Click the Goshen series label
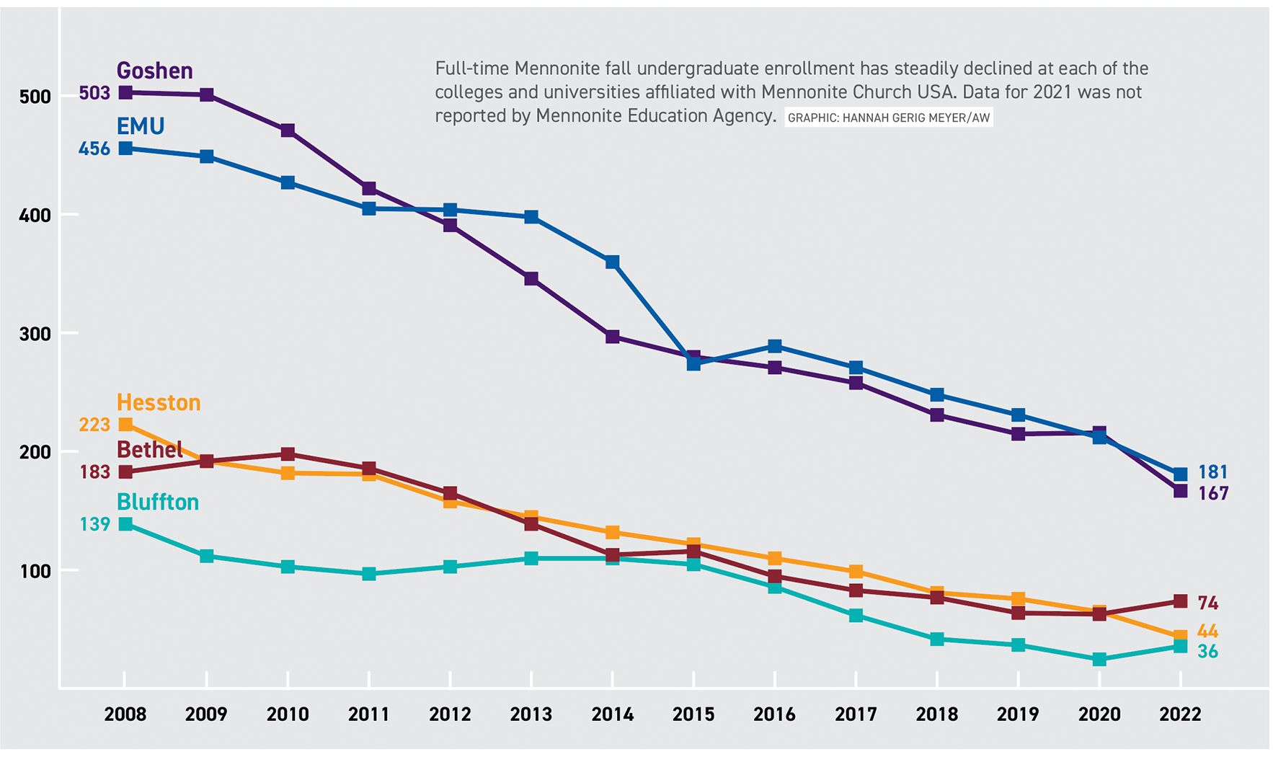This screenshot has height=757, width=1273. tap(154, 71)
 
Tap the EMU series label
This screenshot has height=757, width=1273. tap(141, 126)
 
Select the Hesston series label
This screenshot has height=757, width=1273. tap(159, 402)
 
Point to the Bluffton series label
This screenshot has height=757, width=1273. tap(158, 502)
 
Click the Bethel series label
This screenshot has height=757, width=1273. tap(149, 450)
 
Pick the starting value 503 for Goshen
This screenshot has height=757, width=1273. tap(94, 93)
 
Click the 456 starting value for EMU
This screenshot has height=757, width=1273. tap(94, 149)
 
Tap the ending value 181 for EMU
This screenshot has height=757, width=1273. tap(1212, 472)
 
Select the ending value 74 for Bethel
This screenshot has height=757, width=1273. tap(1207, 603)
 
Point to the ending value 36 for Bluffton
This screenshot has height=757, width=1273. tap(1207, 652)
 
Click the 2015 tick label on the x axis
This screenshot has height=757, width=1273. tap(693, 714)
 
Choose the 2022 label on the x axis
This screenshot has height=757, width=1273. tap(1180, 714)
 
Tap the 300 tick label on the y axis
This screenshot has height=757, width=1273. tap(35, 334)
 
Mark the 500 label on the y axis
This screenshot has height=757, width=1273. tap(35, 97)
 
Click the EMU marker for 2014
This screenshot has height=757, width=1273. tap(613, 262)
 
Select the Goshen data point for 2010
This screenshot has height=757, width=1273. tap(288, 130)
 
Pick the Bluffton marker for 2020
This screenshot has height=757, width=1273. tap(1099, 660)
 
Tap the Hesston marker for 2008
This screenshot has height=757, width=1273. tap(125, 425)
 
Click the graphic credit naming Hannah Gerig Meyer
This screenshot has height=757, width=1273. tap(888, 118)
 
